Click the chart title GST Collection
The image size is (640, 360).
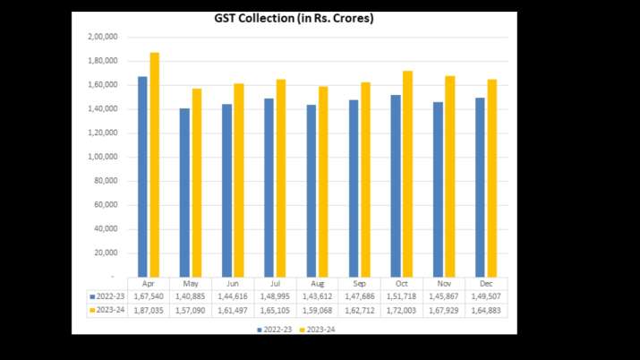pyautogui.click(x=294, y=19)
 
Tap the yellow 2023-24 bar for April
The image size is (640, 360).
pyautogui.click(x=154, y=165)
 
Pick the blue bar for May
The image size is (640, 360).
pyautogui.click(x=184, y=193)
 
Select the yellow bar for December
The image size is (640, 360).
pyautogui.click(x=491, y=178)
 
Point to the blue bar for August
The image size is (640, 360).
pyautogui.click(x=311, y=191)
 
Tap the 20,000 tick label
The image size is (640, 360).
pyautogui.click(x=107, y=253)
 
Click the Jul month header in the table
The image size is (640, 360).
pyautogui.click(x=275, y=282)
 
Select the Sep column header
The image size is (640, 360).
pyautogui.click(x=359, y=282)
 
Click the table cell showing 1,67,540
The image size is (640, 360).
pyautogui.click(x=148, y=295)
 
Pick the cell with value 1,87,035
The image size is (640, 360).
pyautogui.click(x=148, y=307)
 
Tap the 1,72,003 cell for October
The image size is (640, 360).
pyautogui.click(x=402, y=307)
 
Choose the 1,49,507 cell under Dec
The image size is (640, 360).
pyautogui.click(x=486, y=295)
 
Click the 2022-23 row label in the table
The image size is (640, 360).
pyautogui.click(x=106, y=295)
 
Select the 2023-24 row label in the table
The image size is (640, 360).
pyautogui.click(x=106, y=307)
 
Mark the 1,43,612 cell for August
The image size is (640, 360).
pyautogui.click(x=317, y=295)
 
